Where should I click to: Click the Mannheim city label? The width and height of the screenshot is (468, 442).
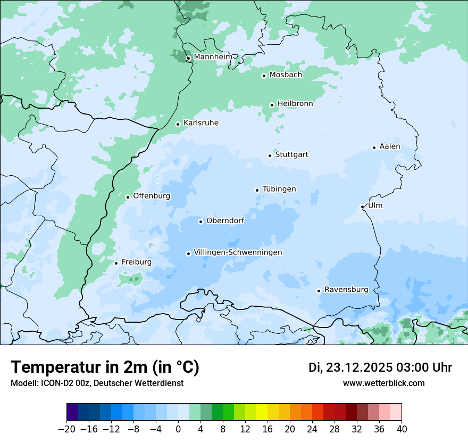pos(213,57)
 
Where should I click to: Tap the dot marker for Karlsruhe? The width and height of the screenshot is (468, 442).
pos(178,124)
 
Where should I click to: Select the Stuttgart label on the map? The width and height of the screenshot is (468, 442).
pos(291,155)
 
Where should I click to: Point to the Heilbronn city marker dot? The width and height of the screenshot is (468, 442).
pos(272,105)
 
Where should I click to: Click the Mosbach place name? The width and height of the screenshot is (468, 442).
pos(286,75)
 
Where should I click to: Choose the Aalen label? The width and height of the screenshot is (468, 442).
pos(390,146)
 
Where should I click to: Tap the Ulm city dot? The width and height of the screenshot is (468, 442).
pos(363,207)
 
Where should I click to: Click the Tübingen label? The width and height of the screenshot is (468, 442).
pos(279,189)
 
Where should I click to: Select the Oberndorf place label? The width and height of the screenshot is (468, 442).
pos(225,220)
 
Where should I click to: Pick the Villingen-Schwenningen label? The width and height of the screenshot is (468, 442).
pos(238,252)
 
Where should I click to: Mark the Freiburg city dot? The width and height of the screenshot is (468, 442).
pos(116,263)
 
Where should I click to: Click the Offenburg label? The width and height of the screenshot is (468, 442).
pos(152,196)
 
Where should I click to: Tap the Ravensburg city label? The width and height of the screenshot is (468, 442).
pos(346,290)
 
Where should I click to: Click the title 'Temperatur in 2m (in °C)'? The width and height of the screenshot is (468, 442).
pos(105,367)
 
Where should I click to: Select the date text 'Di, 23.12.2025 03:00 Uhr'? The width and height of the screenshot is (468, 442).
pos(380,367)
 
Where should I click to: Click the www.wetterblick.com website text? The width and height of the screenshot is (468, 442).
pos(383,383)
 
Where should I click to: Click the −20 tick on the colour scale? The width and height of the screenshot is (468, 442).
pos(66,429)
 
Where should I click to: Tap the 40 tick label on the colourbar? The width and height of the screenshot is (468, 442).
pos(402,429)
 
